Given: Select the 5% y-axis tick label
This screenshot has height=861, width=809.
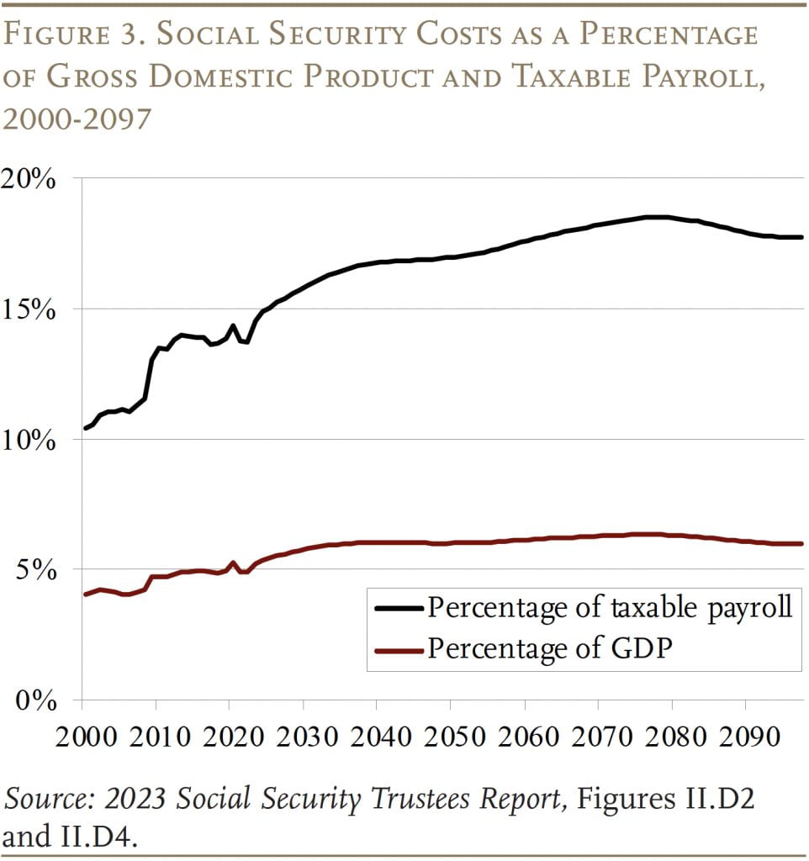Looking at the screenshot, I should pyautogui.click(x=39, y=571).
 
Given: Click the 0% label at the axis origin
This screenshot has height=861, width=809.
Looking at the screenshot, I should pyautogui.click(x=39, y=700).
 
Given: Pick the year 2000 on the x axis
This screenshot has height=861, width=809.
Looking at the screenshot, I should pyautogui.click(x=83, y=737).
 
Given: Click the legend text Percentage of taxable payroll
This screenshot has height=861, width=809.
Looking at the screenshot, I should pyautogui.click(x=610, y=608).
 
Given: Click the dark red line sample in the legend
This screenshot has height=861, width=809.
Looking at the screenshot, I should pyautogui.click(x=397, y=648).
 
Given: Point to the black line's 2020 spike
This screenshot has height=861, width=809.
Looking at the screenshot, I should pyautogui.click(x=233, y=325).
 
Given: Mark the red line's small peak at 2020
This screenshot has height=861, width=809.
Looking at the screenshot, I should pyautogui.click(x=232, y=563).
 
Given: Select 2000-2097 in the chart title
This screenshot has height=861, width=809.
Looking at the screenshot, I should pyautogui.click(x=77, y=118).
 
